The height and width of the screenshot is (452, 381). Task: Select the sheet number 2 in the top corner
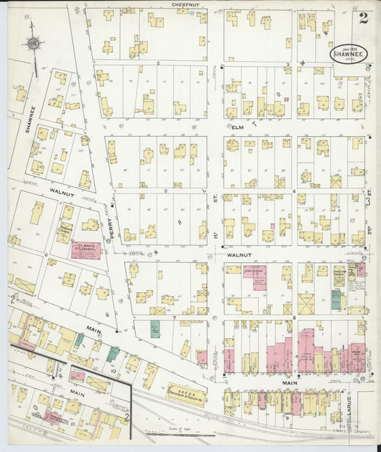[x=364, y=18]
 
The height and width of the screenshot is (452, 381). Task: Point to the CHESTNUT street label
[x=184, y=4]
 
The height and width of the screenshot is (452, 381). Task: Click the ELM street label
[x=238, y=127]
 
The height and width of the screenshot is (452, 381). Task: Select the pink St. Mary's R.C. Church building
[x=86, y=250]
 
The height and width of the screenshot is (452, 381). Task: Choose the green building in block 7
[x=155, y=330]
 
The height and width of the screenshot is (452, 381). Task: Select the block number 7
[x=173, y=316]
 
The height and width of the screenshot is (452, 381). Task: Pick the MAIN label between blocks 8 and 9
[x=290, y=383]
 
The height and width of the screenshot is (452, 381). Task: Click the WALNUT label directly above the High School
[x=236, y=254]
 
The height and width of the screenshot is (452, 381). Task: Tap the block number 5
[x=165, y=191]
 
